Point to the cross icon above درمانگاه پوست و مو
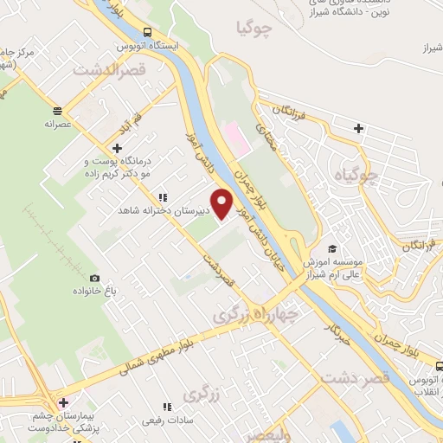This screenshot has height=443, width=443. pyautogui.click(x=117, y=149)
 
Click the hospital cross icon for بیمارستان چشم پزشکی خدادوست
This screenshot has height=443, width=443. pyautogui.click(x=62, y=402)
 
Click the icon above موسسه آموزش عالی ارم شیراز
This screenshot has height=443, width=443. pyautogui.click(x=333, y=248)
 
